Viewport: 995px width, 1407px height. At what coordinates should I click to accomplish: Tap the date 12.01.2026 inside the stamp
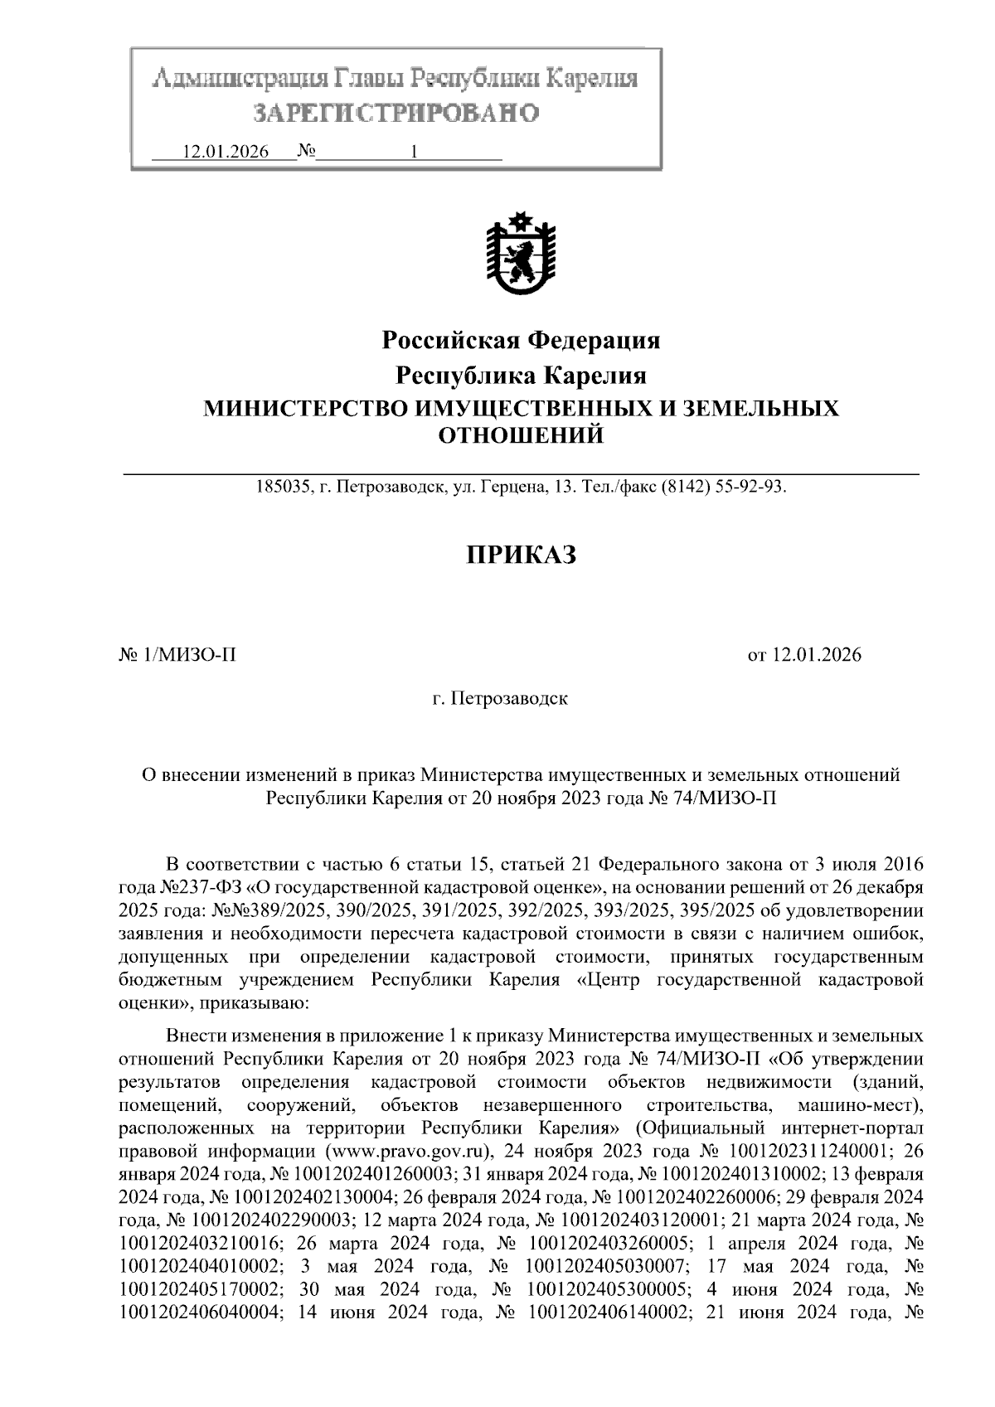[226, 153]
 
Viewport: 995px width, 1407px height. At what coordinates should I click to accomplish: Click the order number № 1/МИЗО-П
[178, 656]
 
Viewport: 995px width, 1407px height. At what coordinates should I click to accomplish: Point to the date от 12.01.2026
[804, 656]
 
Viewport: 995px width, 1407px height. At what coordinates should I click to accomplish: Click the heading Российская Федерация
[521, 340]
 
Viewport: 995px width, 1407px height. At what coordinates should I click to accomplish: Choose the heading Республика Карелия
[521, 376]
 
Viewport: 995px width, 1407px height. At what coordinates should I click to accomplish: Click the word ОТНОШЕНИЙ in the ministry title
[520, 434]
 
